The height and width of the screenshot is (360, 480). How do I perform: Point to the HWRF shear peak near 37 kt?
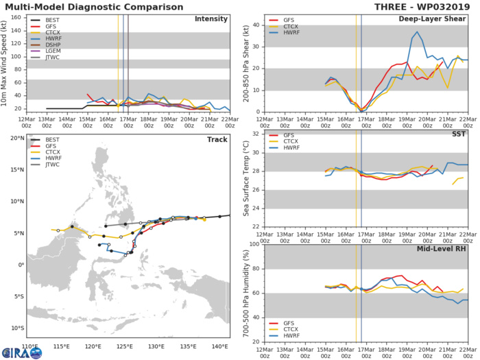click(x=417, y=32)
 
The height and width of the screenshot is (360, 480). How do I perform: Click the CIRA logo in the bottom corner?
click(x=21, y=351)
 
